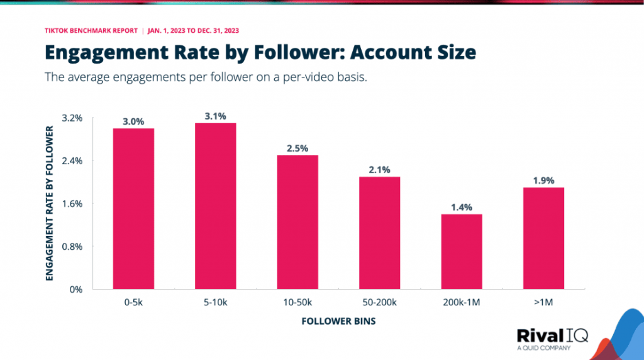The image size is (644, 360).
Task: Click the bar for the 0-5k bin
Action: point(133,208)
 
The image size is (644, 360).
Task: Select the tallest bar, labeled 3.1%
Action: point(215,206)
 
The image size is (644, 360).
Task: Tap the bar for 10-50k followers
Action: point(297,222)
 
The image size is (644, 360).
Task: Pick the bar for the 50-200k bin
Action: point(379,233)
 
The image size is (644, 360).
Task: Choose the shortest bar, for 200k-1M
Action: point(462,252)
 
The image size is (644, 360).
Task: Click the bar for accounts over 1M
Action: point(543,238)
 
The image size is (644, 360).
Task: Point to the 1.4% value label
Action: point(462,207)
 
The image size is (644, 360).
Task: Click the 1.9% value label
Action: point(543,180)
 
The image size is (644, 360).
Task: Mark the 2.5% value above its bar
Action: point(297,148)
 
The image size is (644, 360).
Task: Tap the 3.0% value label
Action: point(133,121)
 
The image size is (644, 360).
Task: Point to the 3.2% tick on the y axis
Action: point(72,118)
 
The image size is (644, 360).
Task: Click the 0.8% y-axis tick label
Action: point(72,247)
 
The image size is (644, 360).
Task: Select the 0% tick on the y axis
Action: point(76,290)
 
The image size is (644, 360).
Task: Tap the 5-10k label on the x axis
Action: point(215,303)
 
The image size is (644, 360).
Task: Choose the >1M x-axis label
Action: point(543,303)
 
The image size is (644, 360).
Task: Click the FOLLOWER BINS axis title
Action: point(339,321)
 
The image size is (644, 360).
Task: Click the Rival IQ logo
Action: point(552,337)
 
